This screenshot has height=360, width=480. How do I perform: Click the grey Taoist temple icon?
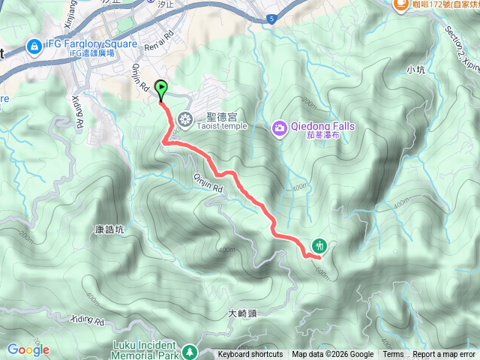(185, 117)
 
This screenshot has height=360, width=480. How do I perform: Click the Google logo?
(28, 349)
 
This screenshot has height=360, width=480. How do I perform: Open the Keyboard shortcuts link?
(250, 355)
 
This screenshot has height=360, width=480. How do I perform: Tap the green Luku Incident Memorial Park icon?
(190, 350)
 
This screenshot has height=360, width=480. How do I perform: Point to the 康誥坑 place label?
(111, 211)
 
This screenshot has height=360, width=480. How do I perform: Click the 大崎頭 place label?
(241, 313)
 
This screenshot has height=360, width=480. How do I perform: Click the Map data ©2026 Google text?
(333, 355)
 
